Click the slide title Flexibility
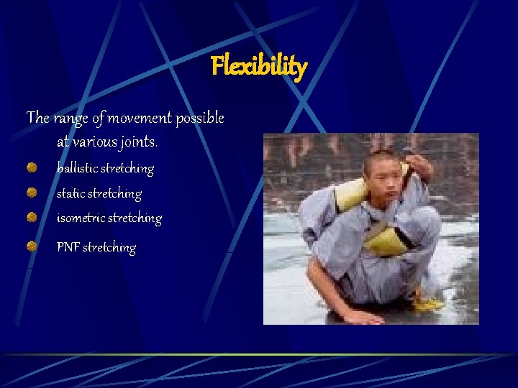point(259,67)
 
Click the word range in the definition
point(67,117)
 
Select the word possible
point(199,118)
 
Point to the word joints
point(137,142)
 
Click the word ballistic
point(77,168)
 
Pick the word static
point(71,193)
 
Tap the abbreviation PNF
point(68,247)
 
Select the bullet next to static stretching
point(33,193)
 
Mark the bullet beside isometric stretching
point(33,217)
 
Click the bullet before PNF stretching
point(33,246)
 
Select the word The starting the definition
point(37,117)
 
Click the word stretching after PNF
point(109,248)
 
